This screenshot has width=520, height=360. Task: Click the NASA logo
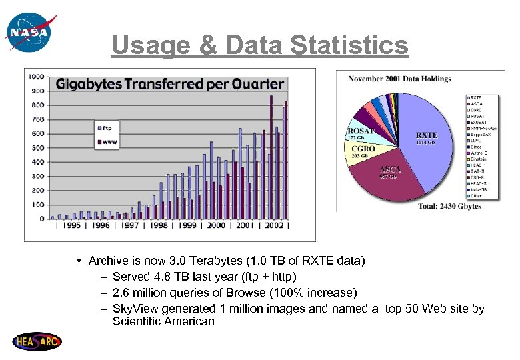[x=27, y=31]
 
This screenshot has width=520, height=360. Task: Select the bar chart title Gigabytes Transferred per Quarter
[x=170, y=85]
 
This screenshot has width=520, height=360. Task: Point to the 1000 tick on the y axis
[x=36, y=77]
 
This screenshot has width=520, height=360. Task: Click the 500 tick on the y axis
[x=37, y=147]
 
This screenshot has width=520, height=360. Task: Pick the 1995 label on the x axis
[x=73, y=225]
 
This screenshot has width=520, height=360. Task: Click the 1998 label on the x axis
[x=159, y=225]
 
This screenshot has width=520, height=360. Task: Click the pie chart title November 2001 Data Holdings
[x=399, y=79]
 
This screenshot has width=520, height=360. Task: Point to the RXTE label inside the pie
[x=427, y=135]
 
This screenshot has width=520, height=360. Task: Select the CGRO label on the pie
[x=363, y=149]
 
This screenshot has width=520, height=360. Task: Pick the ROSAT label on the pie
[x=361, y=131]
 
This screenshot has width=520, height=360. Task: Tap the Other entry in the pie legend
[x=476, y=196]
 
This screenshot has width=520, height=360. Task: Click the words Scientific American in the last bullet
[x=163, y=321]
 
